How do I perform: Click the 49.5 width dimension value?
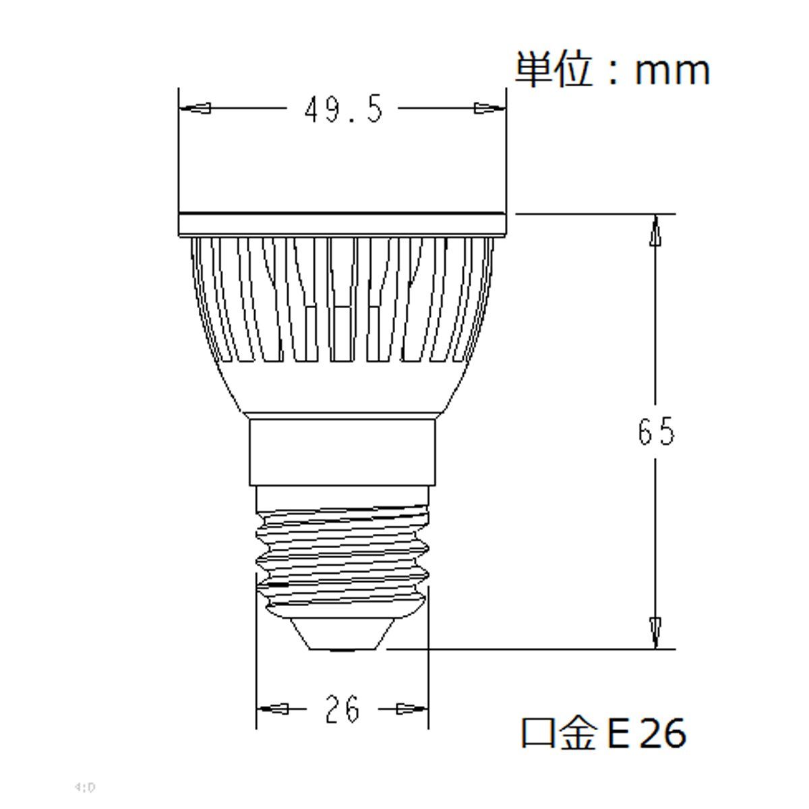pos(343,109)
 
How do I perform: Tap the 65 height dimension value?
pos(655,431)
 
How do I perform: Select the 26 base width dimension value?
pos(342,709)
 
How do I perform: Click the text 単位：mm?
pos(612,69)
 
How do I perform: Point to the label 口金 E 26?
pos(603,733)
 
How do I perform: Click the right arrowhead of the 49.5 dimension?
pos(488,108)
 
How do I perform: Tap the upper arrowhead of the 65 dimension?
pos(655,233)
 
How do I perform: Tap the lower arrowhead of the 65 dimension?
pos(655,630)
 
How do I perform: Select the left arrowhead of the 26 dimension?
pos(275,709)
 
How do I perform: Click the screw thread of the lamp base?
pos(342,549)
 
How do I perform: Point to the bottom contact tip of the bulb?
pos(344,637)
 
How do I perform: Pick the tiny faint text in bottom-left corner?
pos(86,787)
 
